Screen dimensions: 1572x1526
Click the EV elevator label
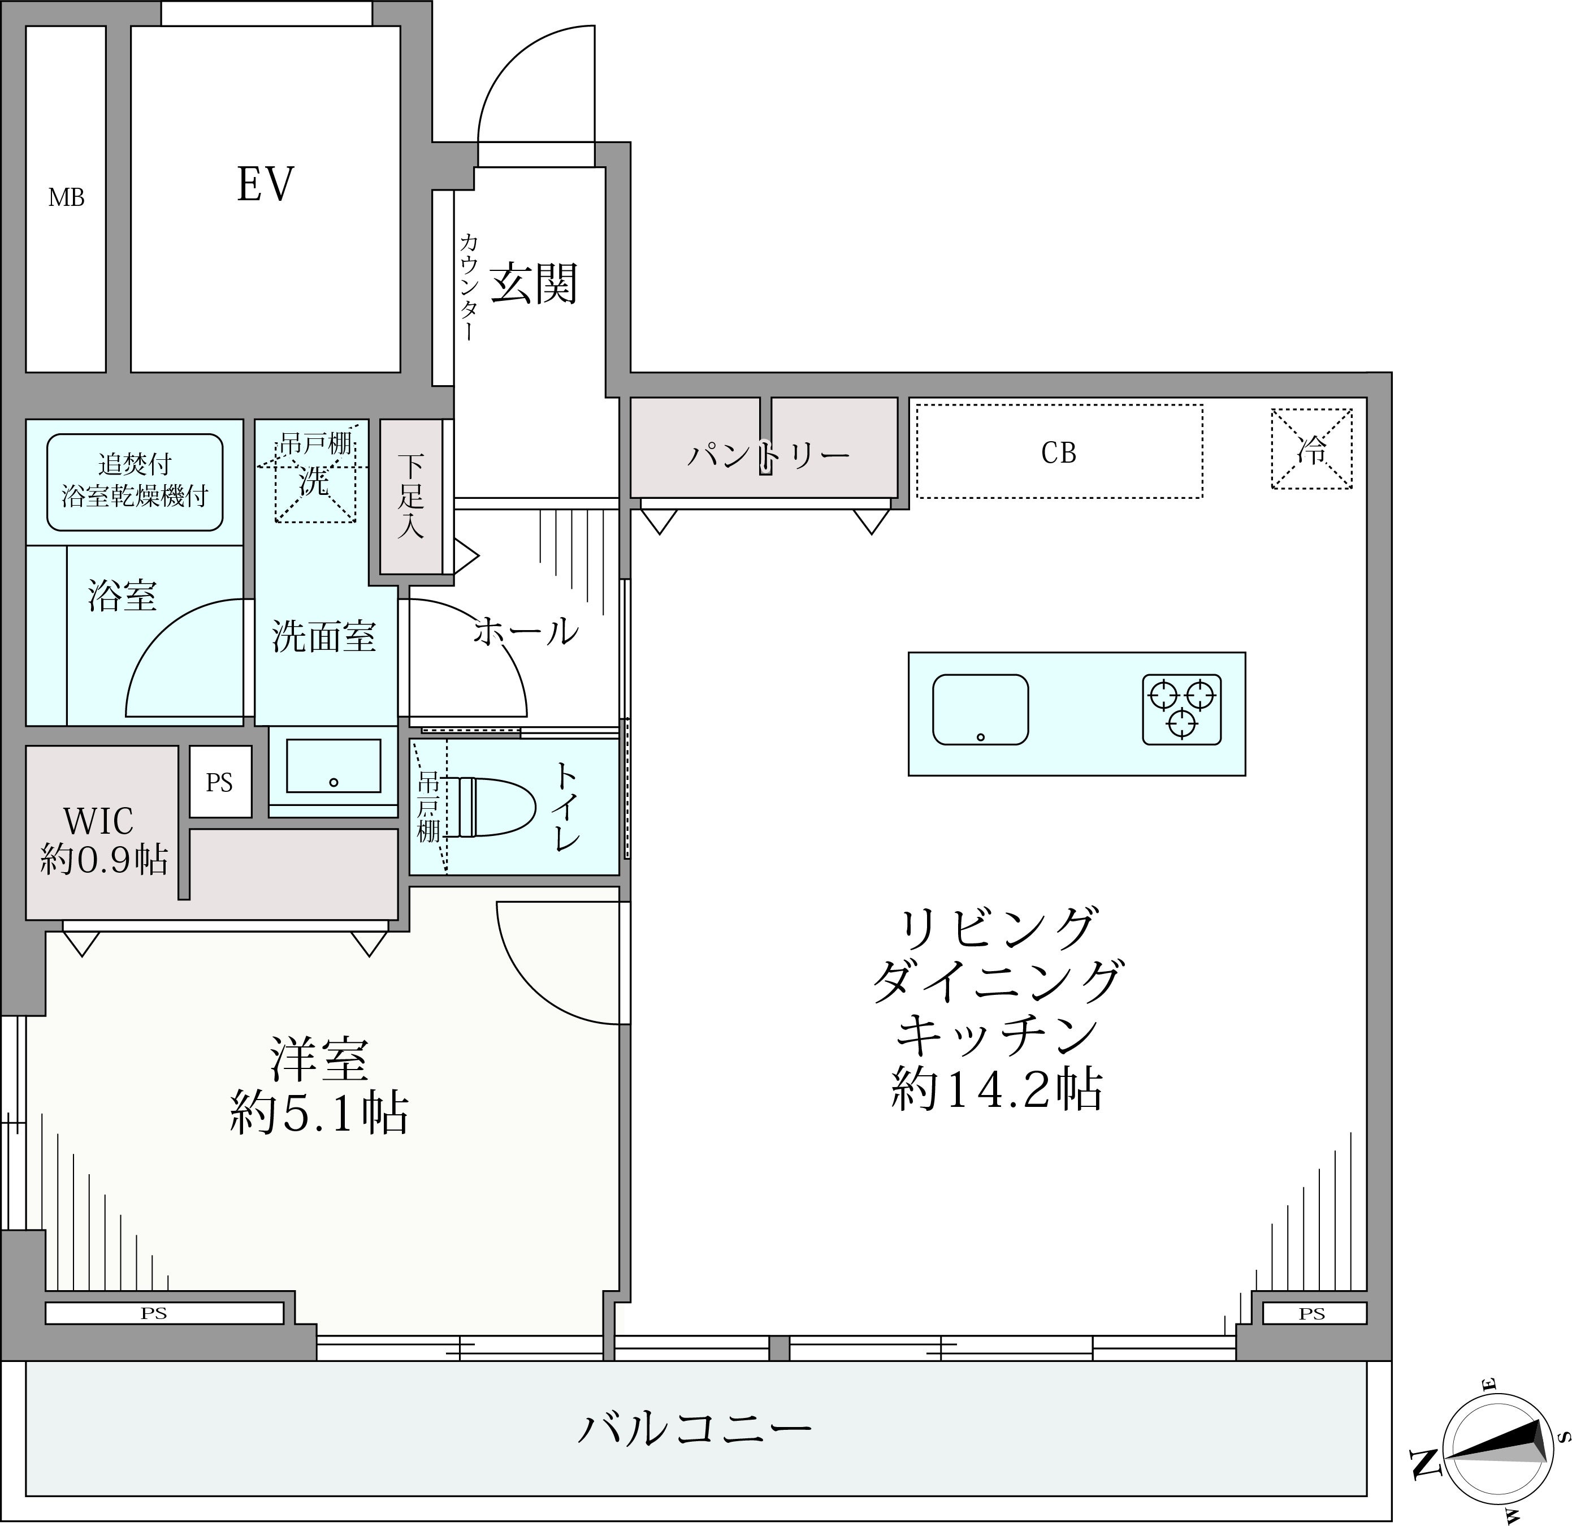tap(266, 184)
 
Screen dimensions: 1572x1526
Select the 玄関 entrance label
tap(534, 283)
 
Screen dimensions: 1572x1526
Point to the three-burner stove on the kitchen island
tap(1181, 709)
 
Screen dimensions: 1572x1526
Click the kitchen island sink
tap(980, 709)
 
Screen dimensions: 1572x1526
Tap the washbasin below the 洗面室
tap(334, 766)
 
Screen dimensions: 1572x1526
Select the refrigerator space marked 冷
tap(1311, 449)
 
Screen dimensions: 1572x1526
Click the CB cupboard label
tap(1059, 453)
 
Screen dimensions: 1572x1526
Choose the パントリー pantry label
tap(768, 456)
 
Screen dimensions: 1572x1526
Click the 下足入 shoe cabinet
tap(410, 497)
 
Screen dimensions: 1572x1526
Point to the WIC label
tap(99, 821)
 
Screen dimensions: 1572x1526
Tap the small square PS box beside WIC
tap(220, 782)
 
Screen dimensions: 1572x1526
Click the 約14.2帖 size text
tap(997, 1089)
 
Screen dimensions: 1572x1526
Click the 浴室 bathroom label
tap(122, 596)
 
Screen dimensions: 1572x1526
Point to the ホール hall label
tap(526, 631)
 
